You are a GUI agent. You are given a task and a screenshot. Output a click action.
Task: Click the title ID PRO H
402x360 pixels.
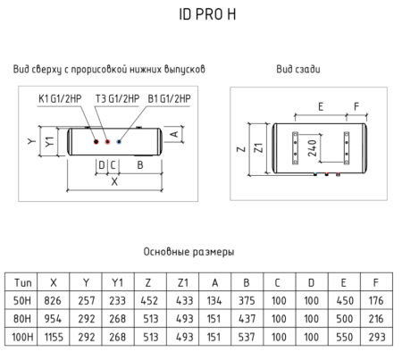coord(201,15)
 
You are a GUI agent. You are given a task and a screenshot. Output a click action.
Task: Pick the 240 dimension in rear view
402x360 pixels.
coord(311,147)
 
